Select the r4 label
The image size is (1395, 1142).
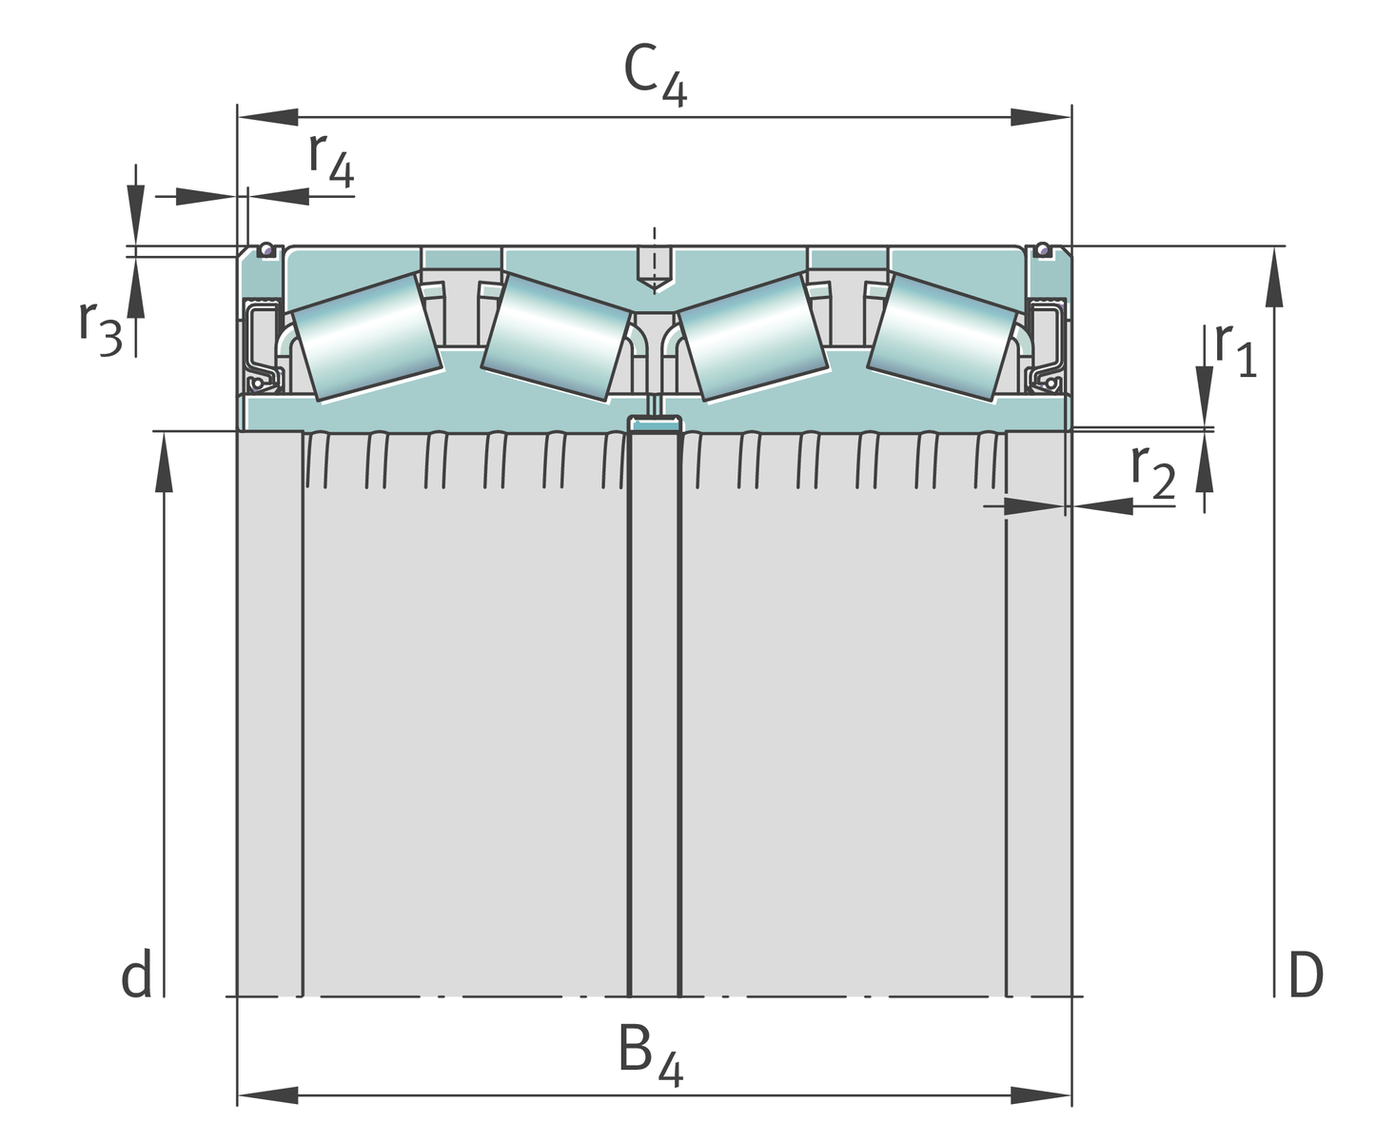coord(331,159)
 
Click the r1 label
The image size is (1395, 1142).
coord(1235,349)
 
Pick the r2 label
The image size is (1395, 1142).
coord(1152,470)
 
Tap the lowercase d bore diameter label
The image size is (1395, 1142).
coord(136,975)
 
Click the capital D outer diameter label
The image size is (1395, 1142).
coord(1305,975)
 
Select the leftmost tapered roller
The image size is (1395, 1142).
coord(365,335)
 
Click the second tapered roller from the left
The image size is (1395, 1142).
coord(557,335)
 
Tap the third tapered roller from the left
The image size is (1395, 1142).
coord(752,335)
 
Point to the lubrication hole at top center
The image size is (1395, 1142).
coord(655,266)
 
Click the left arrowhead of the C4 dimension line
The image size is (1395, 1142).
coord(266,117)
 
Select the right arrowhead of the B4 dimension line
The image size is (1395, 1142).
coord(1042,1095)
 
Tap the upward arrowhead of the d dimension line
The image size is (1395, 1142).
coord(165,462)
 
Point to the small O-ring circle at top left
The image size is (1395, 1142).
coord(267,250)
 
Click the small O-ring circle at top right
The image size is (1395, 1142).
coord(1043,250)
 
